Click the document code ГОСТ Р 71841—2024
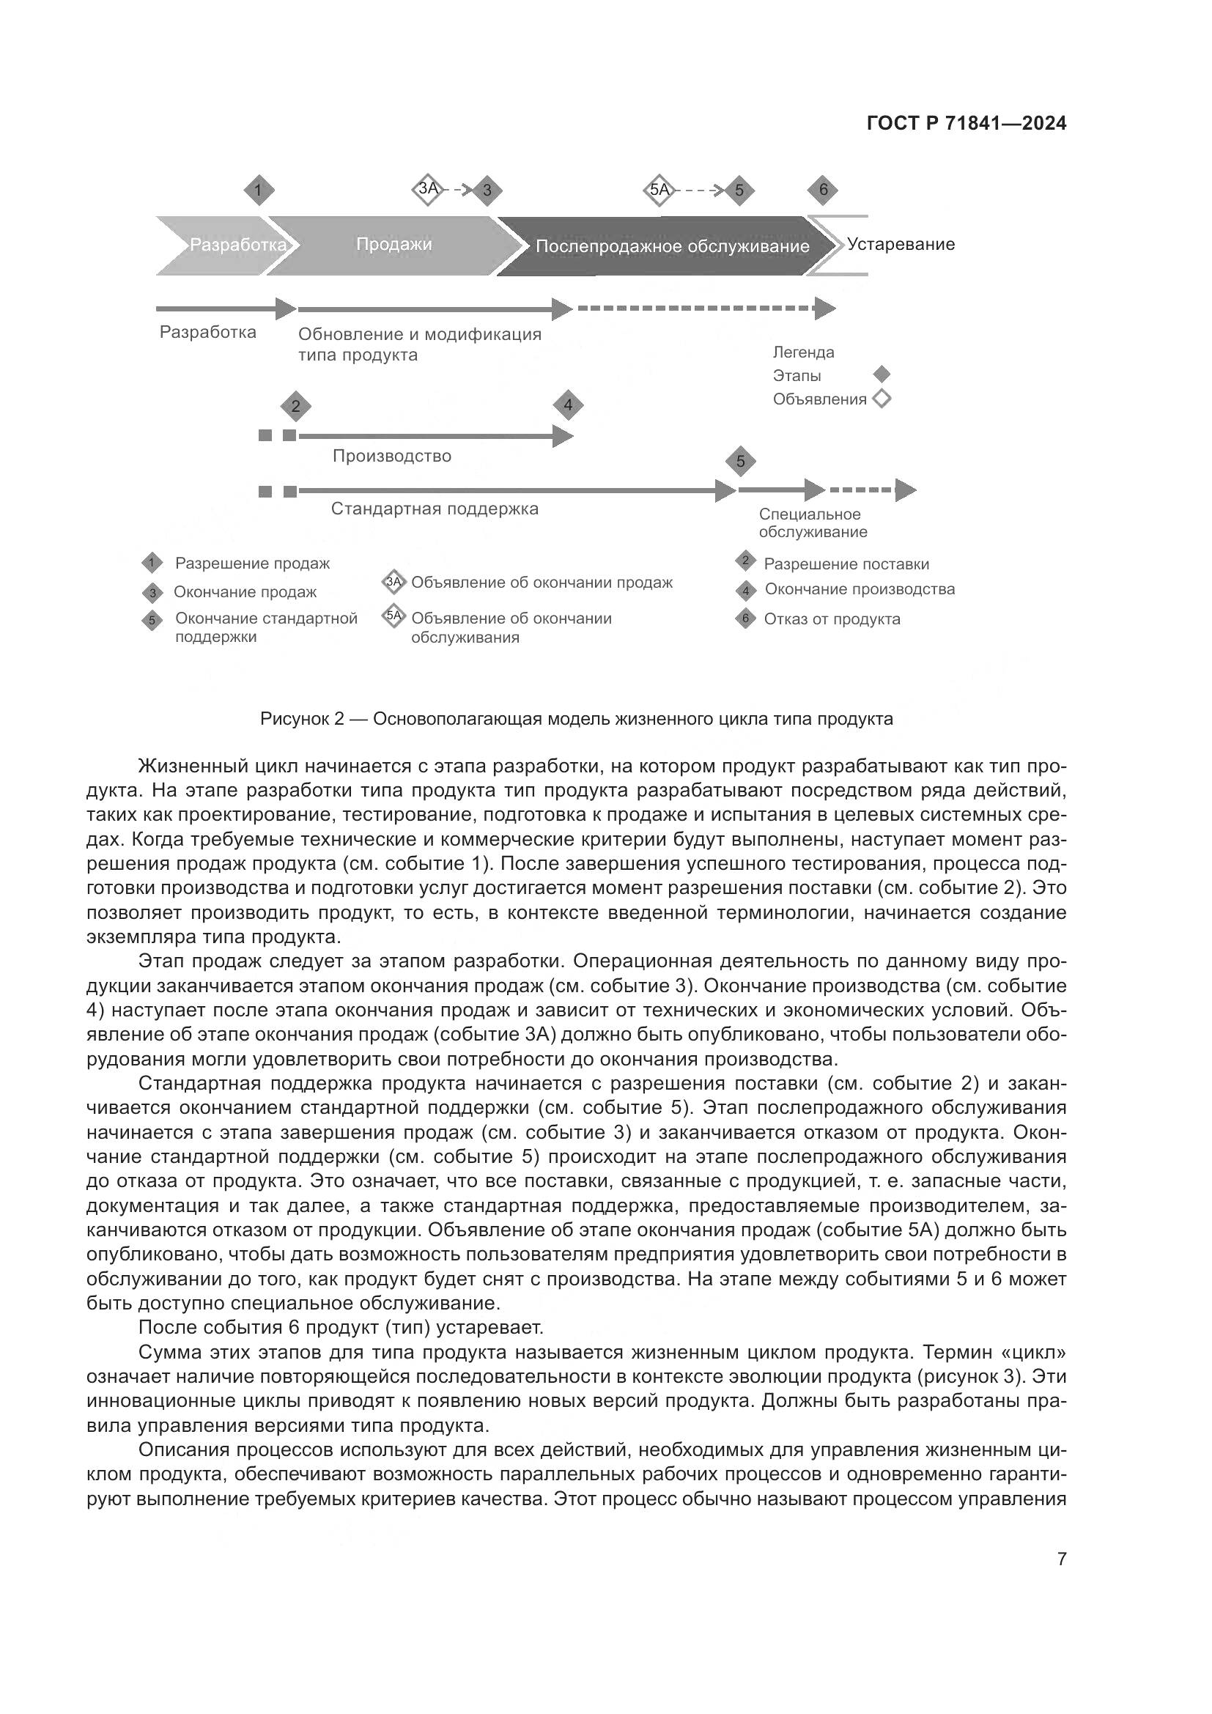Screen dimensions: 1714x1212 coord(967,124)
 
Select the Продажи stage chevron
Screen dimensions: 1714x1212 coord(393,245)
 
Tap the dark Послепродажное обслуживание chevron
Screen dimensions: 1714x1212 coord(672,246)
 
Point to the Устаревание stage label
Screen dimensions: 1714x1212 coord(900,245)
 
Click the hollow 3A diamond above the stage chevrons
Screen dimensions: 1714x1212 coord(428,189)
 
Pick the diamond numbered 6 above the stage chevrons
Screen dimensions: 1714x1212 coord(822,190)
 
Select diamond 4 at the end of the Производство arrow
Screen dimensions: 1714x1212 coord(568,405)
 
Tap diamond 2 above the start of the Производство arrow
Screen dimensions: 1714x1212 coord(295,407)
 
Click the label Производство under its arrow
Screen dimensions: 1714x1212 coord(392,456)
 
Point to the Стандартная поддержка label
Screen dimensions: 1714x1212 coord(435,509)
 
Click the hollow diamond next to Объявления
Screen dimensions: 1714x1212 coord(882,399)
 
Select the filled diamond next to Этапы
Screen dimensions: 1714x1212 coord(882,374)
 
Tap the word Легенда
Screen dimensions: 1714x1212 coord(803,352)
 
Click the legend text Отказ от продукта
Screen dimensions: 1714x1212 coord(832,619)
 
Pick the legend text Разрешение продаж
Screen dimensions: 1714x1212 coord(252,564)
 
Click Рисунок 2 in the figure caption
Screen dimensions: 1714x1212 coord(301,719)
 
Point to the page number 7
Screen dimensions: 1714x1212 coord(1061,1559)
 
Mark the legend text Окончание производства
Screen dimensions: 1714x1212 coord(859,589)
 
